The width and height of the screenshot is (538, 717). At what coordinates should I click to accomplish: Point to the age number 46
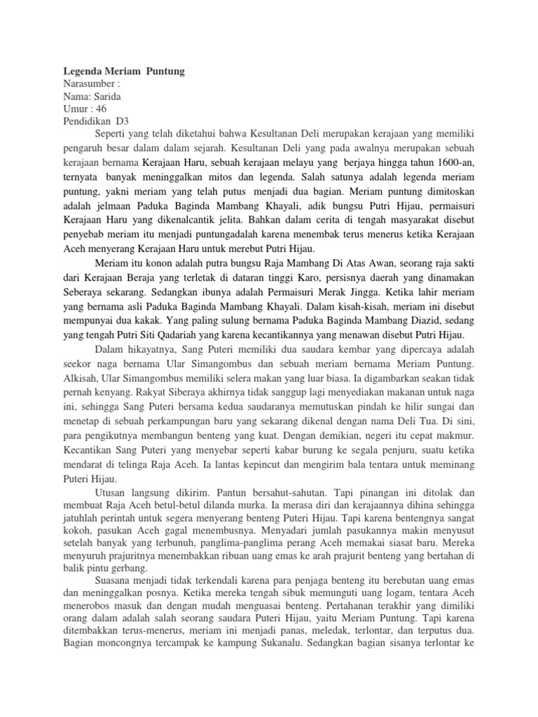point(100,109)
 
